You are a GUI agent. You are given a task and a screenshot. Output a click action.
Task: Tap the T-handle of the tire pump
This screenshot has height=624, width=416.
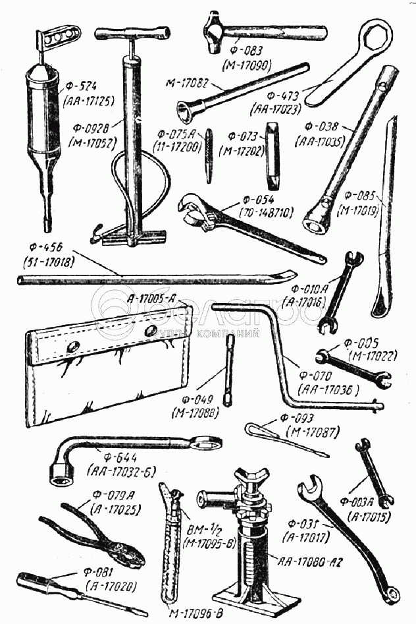132,34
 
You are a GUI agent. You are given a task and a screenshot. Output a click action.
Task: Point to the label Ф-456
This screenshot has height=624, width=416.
47,247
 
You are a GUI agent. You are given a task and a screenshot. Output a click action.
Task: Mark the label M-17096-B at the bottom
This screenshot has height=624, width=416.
196,615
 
